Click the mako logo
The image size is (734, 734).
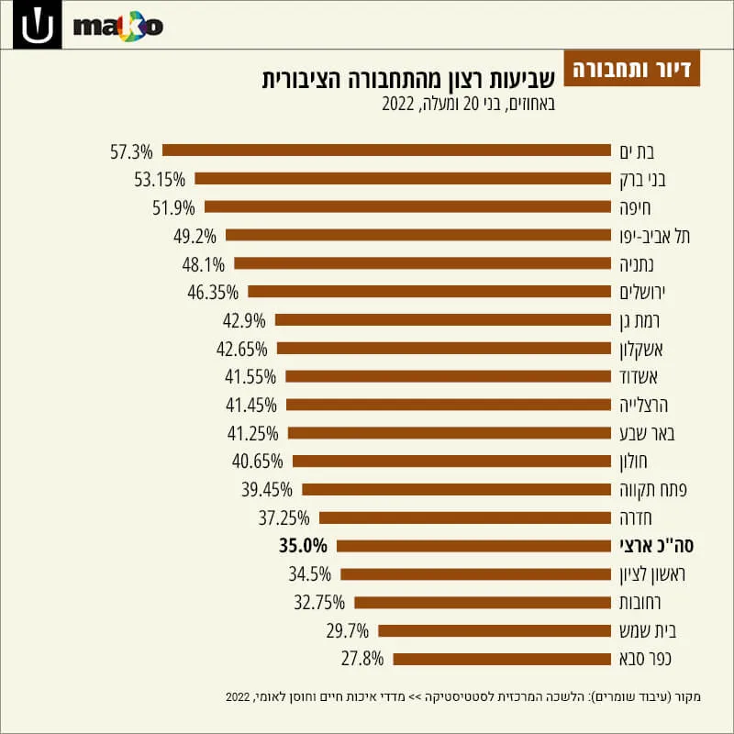(x=118, y=27)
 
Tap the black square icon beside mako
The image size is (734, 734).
(x=37, y=25)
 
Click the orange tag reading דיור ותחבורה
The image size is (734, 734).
(x=631, y=68)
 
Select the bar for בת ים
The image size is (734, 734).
(x=386, y=150)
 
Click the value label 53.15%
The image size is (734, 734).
(x=160, y=180)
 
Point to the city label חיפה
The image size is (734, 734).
(x=635, y=208)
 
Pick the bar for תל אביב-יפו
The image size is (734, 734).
(x=418, y=235)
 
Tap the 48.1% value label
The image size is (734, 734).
(x=203, y=265)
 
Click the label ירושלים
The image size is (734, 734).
(x=642, y=293)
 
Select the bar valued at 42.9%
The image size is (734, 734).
(x=443, y=319)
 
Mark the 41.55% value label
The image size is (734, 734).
(x=250, y=377)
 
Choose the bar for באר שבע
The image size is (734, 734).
(x=450, y=433)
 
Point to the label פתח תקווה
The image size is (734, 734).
(x=653, y=490)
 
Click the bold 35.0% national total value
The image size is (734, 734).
(x=303, y=546)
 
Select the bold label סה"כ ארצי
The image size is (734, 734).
(x=656, y=546)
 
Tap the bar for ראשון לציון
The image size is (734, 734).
(x=475, y=574)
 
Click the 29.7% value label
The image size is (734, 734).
(x=348, y=631)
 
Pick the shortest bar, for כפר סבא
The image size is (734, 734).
(x=502, y=659)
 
